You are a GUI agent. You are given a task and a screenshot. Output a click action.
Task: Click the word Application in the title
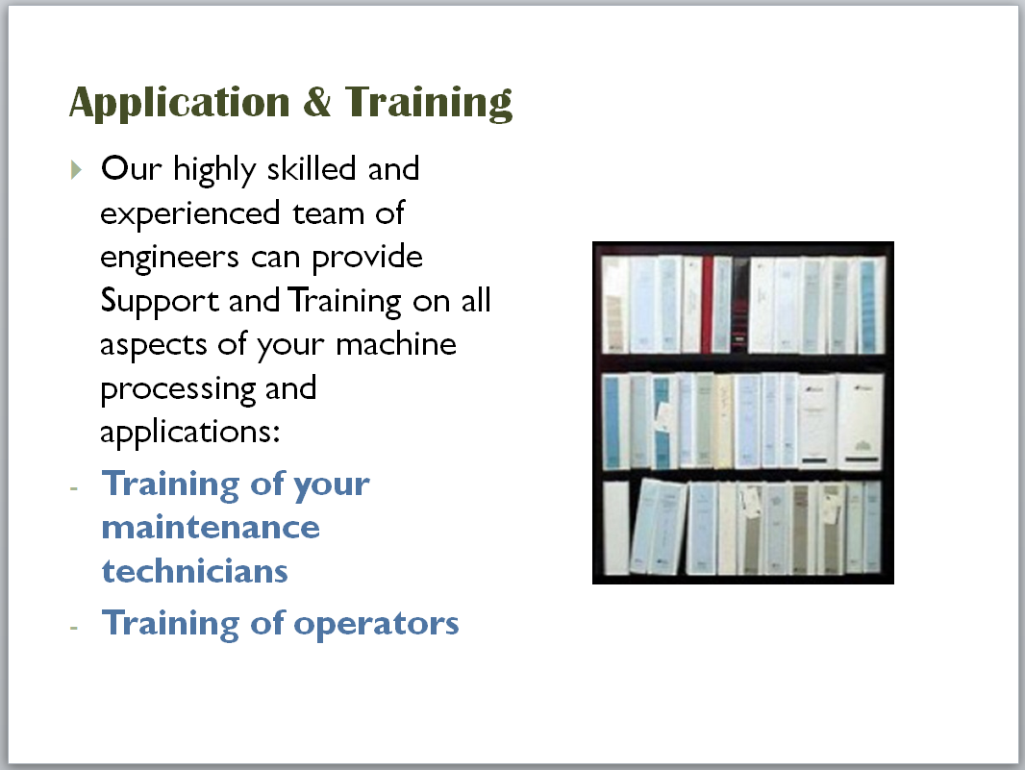click(179, 103)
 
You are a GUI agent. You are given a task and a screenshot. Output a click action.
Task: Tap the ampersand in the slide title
click(317, 101)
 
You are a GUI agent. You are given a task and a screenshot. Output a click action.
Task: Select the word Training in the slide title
click(429, 103)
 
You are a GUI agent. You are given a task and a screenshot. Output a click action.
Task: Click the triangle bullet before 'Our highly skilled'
click(76, 169)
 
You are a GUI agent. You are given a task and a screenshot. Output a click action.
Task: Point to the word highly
click(214, 170)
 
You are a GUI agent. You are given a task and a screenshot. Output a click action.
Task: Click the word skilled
click(312, 168)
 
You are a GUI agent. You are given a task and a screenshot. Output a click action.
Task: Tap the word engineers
click(169, 258)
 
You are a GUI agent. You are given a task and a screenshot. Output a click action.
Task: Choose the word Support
click(160, 302)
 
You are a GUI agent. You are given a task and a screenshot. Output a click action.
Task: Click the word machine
click(395, 344)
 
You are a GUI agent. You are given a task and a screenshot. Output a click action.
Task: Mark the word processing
click(178, 390)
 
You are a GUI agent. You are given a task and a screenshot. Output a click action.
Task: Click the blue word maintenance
click(211, 528)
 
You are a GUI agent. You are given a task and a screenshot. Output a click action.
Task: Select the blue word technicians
click(195, 571)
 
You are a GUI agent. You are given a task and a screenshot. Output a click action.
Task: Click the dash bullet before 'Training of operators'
click(74, 627)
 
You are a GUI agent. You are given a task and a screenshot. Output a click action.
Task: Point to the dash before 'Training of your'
click(74, 487)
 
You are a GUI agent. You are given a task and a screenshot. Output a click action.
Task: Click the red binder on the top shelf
click(707, 304)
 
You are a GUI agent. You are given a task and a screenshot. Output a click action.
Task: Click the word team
click(328, 213)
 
